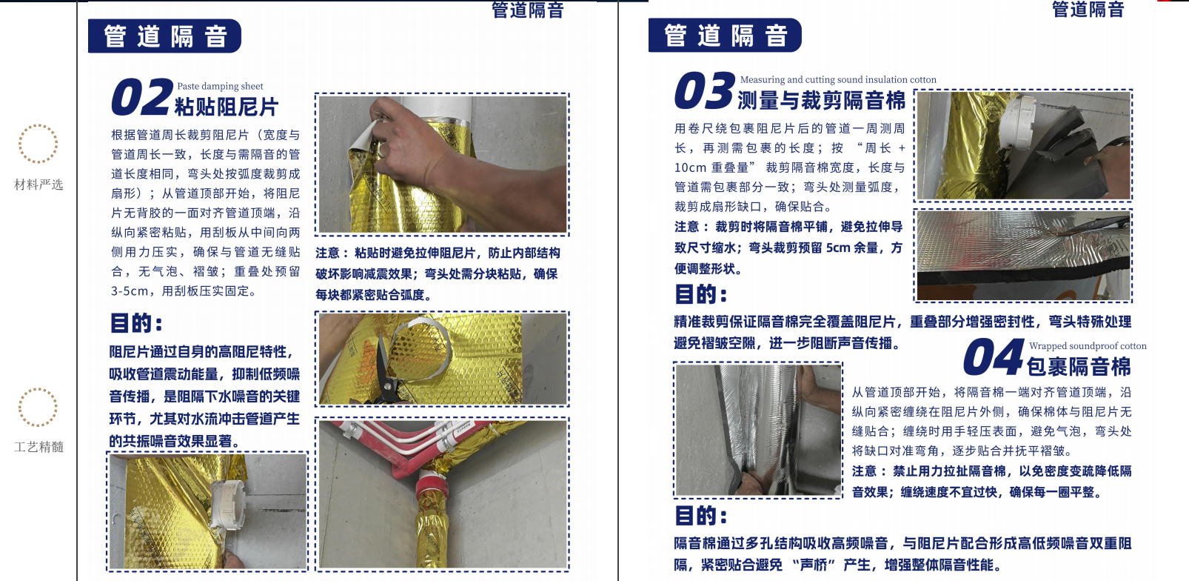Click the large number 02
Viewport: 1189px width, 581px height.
coord(142,97)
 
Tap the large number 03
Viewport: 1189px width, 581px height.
coord(704,91)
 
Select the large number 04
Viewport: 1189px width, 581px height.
coord(993,356)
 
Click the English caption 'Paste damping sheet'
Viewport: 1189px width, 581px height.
coord(220,86)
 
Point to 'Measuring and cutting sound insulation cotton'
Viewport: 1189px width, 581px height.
coord(838,80)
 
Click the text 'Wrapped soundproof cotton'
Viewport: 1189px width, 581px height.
coord(1088,346)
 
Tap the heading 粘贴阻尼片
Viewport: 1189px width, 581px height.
coord(226,107)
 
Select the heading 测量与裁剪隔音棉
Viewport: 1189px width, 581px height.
coord(821,101)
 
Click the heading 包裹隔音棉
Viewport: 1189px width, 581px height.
coord(1078,367)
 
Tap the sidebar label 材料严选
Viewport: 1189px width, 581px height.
coord(38,185)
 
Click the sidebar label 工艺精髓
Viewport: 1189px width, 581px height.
coord(38,447)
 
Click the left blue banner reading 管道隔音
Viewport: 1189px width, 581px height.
coord(164,36)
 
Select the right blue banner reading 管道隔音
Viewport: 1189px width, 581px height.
coord(725,35)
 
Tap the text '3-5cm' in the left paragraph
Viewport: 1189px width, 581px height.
coord(130,291)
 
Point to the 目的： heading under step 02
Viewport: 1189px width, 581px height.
coord(136,322)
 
